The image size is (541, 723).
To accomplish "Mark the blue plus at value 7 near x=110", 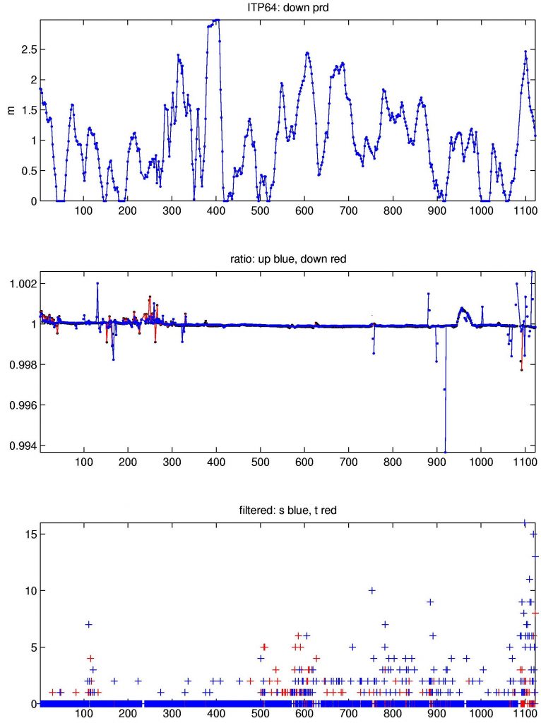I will click(x=89, y=624).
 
